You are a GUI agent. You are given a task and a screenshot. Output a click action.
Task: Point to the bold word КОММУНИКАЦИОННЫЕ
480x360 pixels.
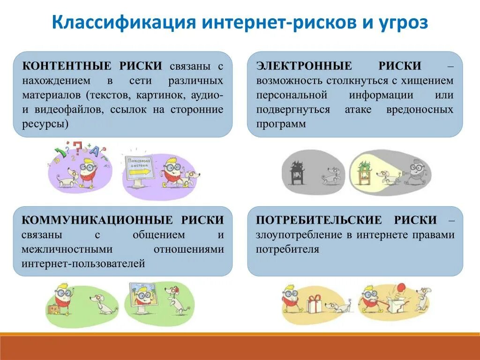[92, 220]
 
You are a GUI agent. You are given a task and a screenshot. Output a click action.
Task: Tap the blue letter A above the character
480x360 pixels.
[95, 151]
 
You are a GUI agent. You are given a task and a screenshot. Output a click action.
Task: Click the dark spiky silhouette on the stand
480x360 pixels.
[296, 169]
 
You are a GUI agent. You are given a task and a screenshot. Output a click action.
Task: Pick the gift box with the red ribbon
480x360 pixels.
[314, 304]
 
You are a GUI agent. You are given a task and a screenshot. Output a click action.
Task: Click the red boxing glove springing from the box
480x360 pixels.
[400, 287]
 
